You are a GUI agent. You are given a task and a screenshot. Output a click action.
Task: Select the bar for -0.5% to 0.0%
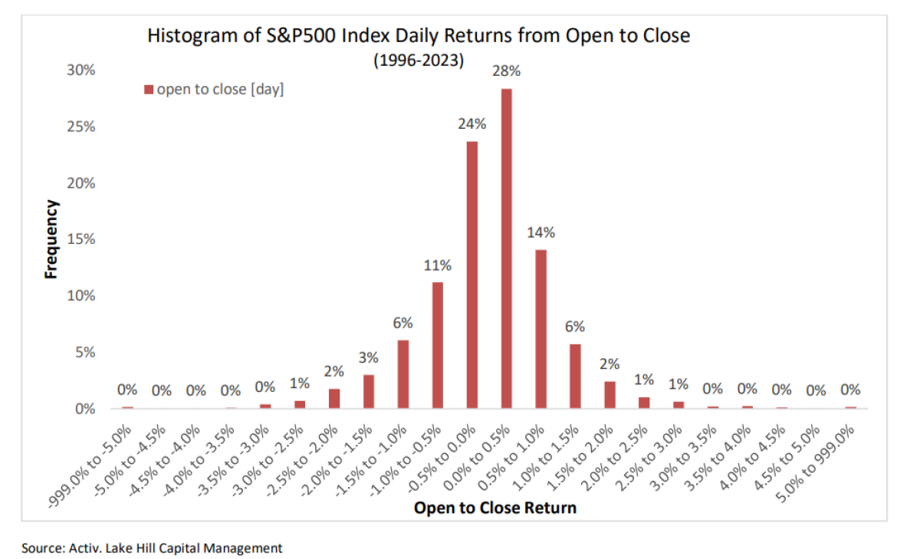click(x=472, y=275)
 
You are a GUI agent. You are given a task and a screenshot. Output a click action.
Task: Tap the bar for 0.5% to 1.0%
click(x=541, y=330)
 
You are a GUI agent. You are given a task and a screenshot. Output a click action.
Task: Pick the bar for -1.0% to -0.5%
click(x=438, y=346)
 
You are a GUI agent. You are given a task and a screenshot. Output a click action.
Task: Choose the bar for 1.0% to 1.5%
click(x=576, y=377)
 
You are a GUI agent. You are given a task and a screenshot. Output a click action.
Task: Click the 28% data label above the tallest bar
click(x=507, y=71)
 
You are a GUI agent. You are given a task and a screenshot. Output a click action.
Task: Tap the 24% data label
click(x=472, y=123)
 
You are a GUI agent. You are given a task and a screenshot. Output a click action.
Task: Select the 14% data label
click(x=541, y=232)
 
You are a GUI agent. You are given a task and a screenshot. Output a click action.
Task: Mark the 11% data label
click(x=438, y=265)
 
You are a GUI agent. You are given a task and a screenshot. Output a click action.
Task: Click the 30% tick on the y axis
click(x=80, y=71)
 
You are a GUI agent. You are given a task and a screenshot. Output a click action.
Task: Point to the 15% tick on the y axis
click(x=80, y=240)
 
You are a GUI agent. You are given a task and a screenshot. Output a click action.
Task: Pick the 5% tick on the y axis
click(x=84, y=353)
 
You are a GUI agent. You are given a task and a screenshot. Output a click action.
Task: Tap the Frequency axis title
click(x=51, y=239)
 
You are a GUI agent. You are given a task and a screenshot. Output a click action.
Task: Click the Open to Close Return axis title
click(x=495, y=508)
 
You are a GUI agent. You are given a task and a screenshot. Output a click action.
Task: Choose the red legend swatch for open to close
click(x=149, y=90)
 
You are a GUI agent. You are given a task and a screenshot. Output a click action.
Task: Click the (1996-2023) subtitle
click(x=419, y=61)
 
